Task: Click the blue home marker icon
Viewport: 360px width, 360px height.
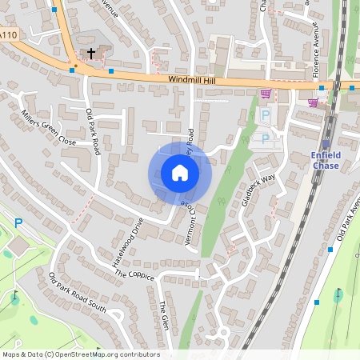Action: click(180, 173)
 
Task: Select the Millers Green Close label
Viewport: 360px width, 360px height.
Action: click(49, 127)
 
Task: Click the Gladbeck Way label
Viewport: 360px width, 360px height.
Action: click(258, 190)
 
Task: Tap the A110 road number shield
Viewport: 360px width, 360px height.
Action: click(9, 36)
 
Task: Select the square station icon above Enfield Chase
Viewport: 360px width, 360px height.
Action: click(326, 144)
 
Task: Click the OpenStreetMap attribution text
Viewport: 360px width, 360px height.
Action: click(81, 354)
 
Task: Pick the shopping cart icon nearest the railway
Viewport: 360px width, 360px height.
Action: click(313, 102)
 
